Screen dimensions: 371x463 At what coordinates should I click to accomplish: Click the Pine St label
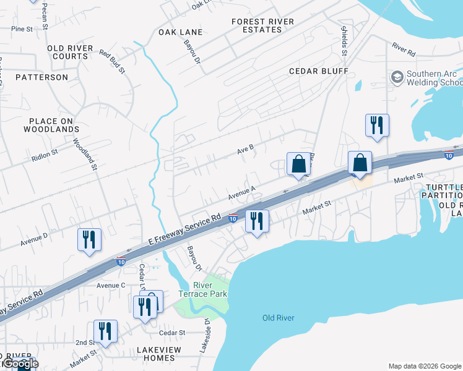(22, 29)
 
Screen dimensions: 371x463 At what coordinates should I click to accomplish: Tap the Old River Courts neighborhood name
(70, 52)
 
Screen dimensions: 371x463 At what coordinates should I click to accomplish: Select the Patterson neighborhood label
(41, 77)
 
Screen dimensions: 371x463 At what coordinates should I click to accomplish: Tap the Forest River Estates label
(263, 25)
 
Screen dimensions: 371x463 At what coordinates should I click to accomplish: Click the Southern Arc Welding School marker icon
(397, 77)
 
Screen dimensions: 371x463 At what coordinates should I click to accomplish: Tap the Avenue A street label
(242, 194)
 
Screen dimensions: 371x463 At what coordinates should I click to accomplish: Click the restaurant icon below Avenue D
(89, 239)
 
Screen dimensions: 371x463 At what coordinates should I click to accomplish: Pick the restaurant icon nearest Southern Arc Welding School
(376, 126)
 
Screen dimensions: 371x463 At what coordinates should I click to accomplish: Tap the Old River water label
(278, 318)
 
